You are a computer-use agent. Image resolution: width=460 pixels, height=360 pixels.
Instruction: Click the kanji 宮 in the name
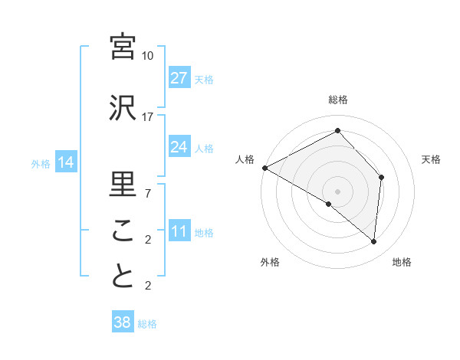[123, 47]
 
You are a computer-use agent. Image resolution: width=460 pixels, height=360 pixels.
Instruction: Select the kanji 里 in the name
[123, 184]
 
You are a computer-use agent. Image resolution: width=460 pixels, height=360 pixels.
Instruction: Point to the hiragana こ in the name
[123, 231]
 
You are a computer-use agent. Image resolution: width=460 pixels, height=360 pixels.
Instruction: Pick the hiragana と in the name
[123, 276]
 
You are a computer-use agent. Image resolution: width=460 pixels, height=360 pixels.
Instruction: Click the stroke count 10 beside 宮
[148, 56]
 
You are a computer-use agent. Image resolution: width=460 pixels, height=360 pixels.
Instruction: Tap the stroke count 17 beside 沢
[148, 116]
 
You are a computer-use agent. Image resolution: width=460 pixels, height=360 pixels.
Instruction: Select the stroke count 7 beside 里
[148, 193]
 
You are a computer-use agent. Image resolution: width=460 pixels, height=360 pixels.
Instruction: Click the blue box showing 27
[179, 78]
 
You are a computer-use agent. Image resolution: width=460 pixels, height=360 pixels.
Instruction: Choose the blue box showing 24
[179, 147]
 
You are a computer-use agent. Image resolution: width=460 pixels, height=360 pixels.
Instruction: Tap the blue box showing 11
[179, 232]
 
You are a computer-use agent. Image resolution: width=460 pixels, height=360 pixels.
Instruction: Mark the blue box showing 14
[65, 162]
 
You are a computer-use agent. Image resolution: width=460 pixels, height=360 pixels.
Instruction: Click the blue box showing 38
[122, 322]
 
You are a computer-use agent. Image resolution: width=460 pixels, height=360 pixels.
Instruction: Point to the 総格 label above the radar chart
[338, 100]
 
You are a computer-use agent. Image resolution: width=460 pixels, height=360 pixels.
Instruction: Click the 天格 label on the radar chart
[431, 159]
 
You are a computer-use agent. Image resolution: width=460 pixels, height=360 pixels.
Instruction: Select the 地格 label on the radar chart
[402, 263]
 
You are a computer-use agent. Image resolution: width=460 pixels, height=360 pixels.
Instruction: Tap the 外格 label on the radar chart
[270, 263]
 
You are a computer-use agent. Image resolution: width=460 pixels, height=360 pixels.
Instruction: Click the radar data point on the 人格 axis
[264, 168]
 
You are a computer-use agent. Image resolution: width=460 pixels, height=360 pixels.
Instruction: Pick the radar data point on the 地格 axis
[373, 242]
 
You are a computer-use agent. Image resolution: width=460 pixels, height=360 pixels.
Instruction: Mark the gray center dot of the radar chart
[337, 191]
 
